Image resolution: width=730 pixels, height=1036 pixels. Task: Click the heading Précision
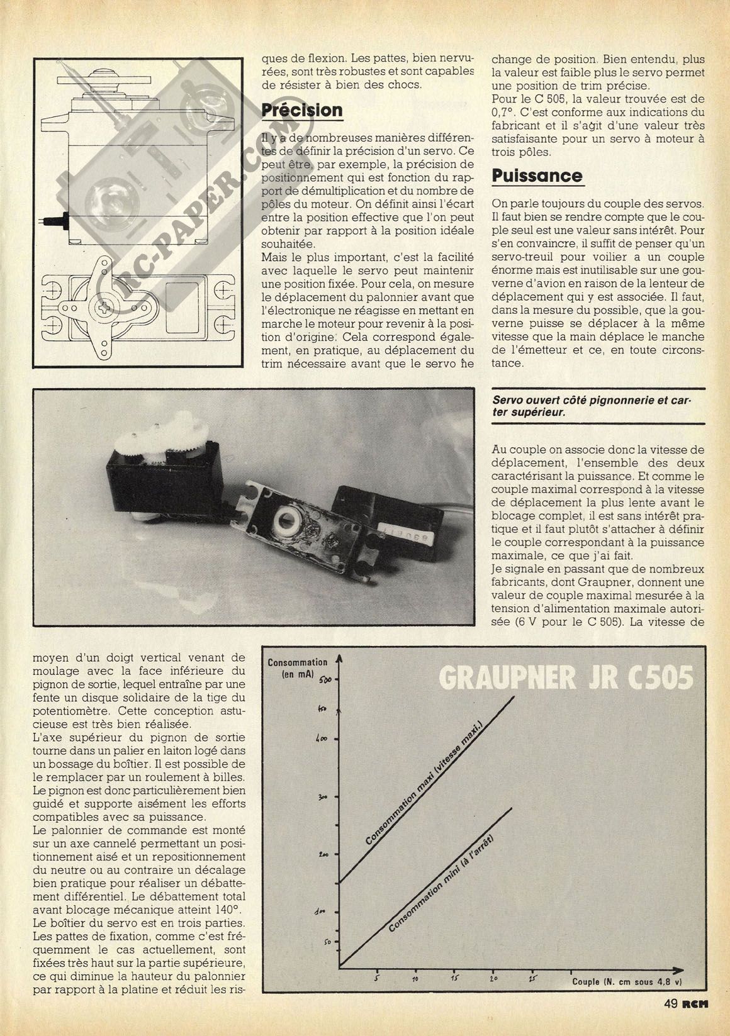click(302, 110)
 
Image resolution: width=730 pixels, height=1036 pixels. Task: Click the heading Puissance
click(537, 175)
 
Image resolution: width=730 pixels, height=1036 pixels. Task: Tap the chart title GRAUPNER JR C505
click(566, 679)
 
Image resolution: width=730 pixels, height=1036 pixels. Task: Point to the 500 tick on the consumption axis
click(325, 679)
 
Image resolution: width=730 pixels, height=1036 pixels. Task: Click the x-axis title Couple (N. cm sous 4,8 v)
click(627, 981)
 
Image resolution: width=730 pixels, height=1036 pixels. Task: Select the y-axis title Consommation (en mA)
click(297, 667)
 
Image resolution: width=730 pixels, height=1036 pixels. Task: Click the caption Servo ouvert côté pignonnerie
click(591, 406)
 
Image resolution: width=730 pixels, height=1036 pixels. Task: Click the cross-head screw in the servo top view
click(102, 308)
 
